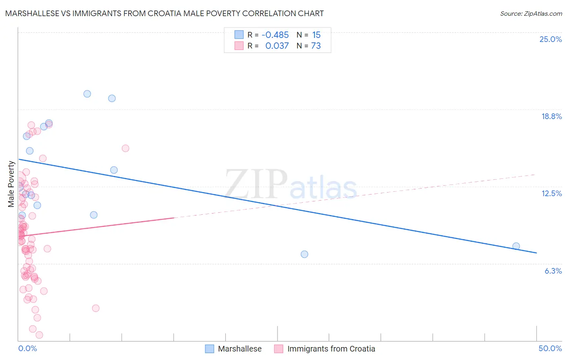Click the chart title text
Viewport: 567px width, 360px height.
click(165, 14)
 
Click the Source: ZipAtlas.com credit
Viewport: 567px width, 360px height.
click(531, 14)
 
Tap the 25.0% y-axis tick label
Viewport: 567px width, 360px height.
click(550, 40)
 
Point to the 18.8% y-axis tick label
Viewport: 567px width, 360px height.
click(551, 117)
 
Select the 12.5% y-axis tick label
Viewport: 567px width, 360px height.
click(551, 194)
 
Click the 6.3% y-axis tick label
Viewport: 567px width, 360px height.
click(553, 271)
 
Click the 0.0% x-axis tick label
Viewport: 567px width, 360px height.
click(27, 349)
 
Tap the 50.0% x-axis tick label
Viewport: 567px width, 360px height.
click(550, 349)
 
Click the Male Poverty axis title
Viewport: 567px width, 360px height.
click(11, 184)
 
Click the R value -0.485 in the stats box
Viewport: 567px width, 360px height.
click(275, 35)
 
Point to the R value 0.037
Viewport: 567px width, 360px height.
click(277, 46)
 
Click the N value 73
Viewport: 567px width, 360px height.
click(316, 46)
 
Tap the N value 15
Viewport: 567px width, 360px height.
click(316, 35)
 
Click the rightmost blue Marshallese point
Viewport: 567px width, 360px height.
click(516, 246)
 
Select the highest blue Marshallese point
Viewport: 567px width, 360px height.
click(87, 94)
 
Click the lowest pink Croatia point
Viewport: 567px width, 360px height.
click(39, 335)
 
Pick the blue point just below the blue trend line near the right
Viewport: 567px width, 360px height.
click(304, 254)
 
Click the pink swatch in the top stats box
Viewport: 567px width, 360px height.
click(239, 46)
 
